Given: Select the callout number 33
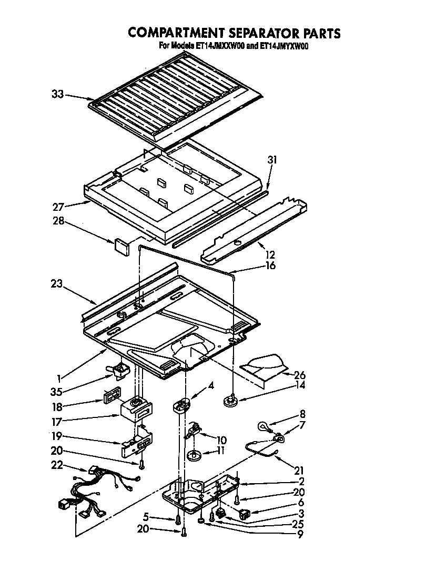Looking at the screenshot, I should pyautogui.click(x=58, y=95).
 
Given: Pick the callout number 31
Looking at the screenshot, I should pyautogui.click(x=272, y=160).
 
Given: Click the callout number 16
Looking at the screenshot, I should pyautogui.click(x=270, y=265).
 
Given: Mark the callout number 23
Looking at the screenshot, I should pyautogui.click(x=56, y=284).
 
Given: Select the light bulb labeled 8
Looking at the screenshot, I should pyautogui.click(x=263, y=426).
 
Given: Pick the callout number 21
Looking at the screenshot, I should pyautogui.click(x=299, y=470).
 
